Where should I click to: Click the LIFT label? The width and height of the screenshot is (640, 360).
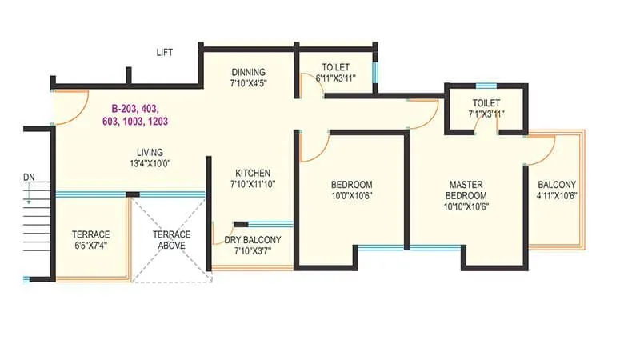tap(165, 52)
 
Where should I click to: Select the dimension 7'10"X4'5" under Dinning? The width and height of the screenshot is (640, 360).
tap(248, 82)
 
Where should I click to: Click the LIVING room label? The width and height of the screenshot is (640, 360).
tap(150, 152)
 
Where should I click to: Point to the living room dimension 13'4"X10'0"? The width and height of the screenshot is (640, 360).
tap(150, 163)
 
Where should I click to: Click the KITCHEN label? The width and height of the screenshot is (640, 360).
tap(253, 173)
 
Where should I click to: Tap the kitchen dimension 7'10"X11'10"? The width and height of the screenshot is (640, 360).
tap(253, 185)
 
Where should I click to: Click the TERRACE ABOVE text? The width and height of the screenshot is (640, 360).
tap(172, 240)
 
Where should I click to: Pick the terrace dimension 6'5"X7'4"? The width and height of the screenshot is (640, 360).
tap(90, 246)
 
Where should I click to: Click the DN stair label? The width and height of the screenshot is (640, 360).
tap(29, 176)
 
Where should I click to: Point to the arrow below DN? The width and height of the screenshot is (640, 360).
tap(29, 193)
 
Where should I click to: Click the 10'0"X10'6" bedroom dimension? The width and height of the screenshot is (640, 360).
tap(353, 195)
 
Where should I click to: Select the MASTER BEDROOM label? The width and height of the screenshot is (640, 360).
tap(466, 190)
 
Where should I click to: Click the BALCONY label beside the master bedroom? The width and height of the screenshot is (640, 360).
tap(557, 184)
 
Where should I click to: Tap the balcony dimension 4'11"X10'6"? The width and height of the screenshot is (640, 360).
tap(557, 195)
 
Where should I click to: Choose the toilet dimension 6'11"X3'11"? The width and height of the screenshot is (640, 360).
tap(335, 78)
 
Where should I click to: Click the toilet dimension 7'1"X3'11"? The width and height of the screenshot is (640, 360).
tap(486, 114)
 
